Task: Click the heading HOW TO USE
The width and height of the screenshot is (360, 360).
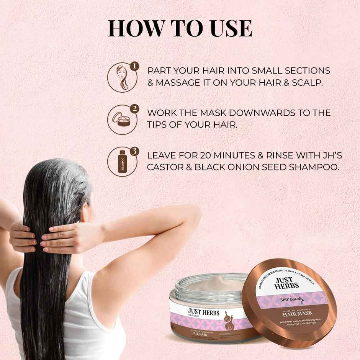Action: (180, 29)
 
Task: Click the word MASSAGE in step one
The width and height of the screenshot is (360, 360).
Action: (180, 82)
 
